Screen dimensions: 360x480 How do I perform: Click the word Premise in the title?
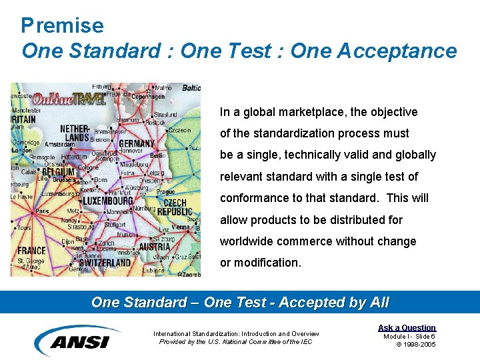coord(62,25)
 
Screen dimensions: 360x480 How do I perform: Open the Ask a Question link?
coord(407,327)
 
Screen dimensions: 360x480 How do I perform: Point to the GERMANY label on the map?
coord(137,143)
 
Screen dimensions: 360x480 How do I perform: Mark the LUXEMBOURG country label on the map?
coord(107,201)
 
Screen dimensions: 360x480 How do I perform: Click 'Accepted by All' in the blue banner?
coord(333,302)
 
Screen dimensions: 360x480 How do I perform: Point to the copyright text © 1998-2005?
coord(415,344)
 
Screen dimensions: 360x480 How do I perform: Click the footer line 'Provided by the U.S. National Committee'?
coord(235,342)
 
